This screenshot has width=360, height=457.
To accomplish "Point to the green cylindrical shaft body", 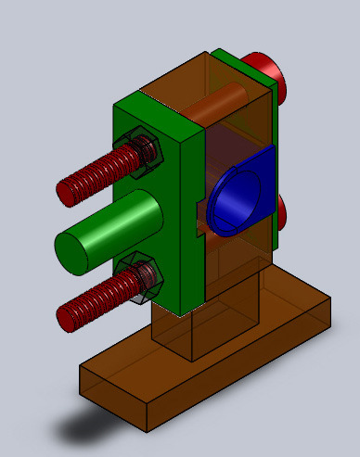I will (121, 227).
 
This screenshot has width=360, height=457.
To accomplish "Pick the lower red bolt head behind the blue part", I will (282, 213).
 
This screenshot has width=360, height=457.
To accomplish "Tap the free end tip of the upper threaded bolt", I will (66, 191).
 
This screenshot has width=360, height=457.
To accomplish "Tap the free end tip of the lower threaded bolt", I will (66, 316).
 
